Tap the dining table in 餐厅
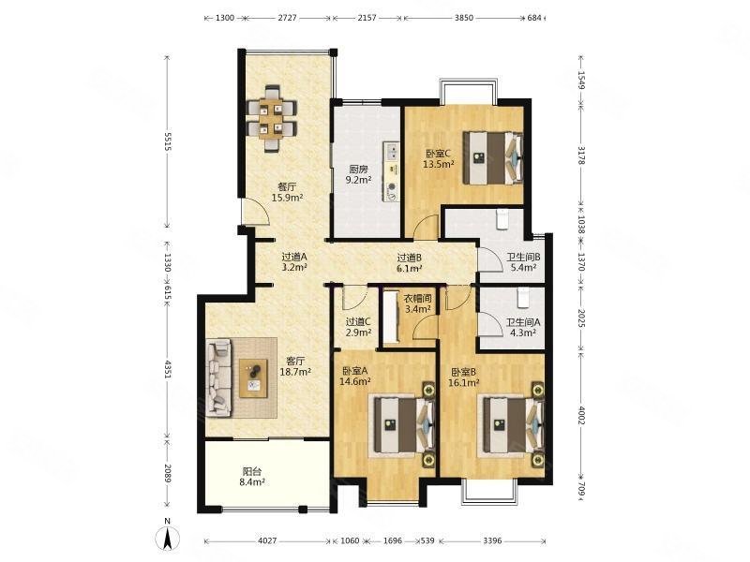point(271,118)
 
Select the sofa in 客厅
point(218,377)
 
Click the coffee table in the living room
point(253,377)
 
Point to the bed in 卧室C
point(493,157)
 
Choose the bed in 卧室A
point(405,423)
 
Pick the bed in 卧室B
point(514,423)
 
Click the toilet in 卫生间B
point(502,220)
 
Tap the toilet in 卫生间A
point(523,298)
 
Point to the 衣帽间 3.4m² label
point(417,303)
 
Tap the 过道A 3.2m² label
point(293,262)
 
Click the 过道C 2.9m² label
point(358,326)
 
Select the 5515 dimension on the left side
point(167,141)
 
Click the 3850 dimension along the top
point(463,18)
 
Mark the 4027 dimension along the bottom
point(267,541)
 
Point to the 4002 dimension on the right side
point(581,415)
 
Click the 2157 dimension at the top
point(367,18)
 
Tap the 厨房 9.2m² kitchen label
point(359,174)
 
